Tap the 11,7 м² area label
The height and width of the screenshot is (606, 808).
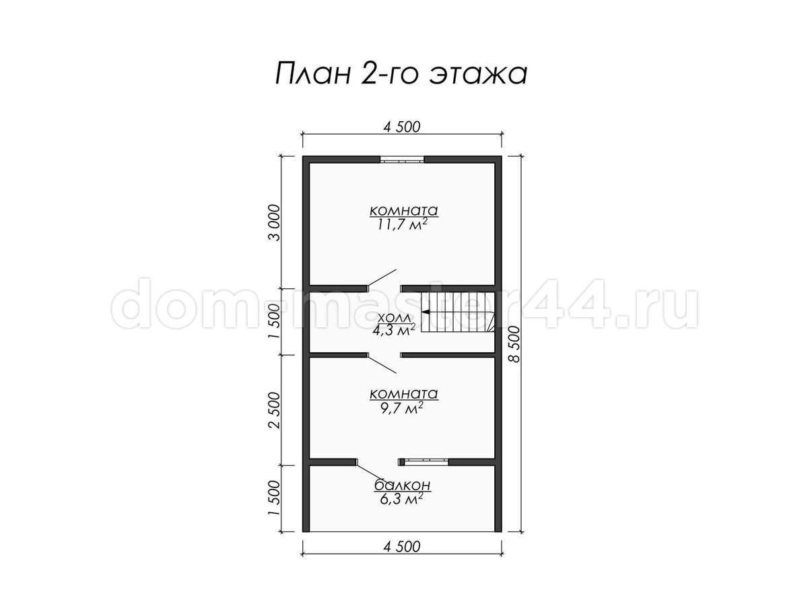click(403, 225)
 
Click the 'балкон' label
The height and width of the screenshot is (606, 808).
click(403, 485)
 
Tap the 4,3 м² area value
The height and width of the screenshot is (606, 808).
click(394, 330)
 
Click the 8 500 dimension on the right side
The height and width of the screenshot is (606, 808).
click(516, 344)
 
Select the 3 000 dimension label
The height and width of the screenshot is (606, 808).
click(274, 223)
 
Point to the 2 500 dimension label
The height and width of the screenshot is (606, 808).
click(274, 410)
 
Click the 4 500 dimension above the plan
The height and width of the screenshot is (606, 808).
click(401, 127)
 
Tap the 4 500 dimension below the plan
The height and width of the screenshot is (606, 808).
click(401, 547)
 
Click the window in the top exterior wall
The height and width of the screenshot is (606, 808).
click(402, 160)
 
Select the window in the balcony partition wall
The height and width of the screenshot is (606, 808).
click(424, 462)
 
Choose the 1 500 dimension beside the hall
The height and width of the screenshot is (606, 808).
click(274, 322)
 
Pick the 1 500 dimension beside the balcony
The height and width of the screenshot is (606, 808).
click(274, 498)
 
